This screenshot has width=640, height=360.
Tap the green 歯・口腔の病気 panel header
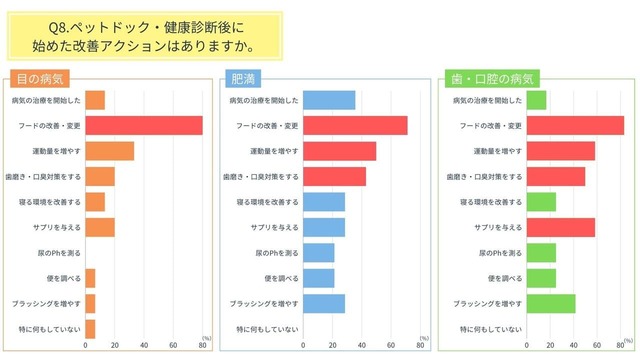click(x=493, y=78)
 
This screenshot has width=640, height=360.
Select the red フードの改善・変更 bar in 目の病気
click(x=144, y=125)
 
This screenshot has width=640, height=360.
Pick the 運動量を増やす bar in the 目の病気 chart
click(x=110, y=150)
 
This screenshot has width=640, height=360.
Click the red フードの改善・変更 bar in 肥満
click(x=355, y=125)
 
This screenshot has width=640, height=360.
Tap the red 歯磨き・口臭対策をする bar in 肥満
click(x=334, y=176)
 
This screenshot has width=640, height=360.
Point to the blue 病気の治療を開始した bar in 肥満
click(x=329, y=99)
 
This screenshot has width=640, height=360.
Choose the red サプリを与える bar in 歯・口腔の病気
click(x=560, y=227)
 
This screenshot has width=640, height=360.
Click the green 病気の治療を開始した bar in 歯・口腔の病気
click(x=536, y=99)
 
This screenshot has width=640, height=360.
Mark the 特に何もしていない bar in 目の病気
click(x=90, y=328)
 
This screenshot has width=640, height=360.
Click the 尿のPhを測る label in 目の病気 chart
click(x=62, y=253)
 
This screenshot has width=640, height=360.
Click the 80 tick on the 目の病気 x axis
click(x=203, y=346)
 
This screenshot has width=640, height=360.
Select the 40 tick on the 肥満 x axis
click(x=362, y=346)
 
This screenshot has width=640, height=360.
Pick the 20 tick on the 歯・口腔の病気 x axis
click(x=555, y=346)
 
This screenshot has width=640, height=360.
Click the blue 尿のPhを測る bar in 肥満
click(x=319, y=253)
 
